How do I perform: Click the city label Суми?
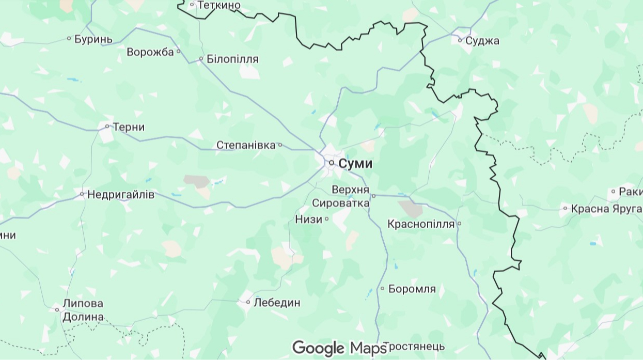(355, 164)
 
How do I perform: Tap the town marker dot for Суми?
(332, 163)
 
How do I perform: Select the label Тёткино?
(219, 5)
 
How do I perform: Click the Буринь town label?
(93, 39)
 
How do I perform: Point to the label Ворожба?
(150, 52)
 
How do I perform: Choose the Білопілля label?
(232, 59)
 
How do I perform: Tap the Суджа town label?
(482, 40)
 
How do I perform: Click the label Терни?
(129, 127)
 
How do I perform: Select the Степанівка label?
(246, 145)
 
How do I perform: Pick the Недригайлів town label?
(121, 195)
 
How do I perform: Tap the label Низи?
(309, 219)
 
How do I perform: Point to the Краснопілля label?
(421, 224)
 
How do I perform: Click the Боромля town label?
(412, 289)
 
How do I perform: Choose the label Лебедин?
(276, 303)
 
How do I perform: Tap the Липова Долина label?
(83, 310)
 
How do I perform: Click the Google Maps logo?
(339, 348)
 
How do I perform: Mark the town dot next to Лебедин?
(248, 302)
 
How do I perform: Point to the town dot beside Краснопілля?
(459, 224)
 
